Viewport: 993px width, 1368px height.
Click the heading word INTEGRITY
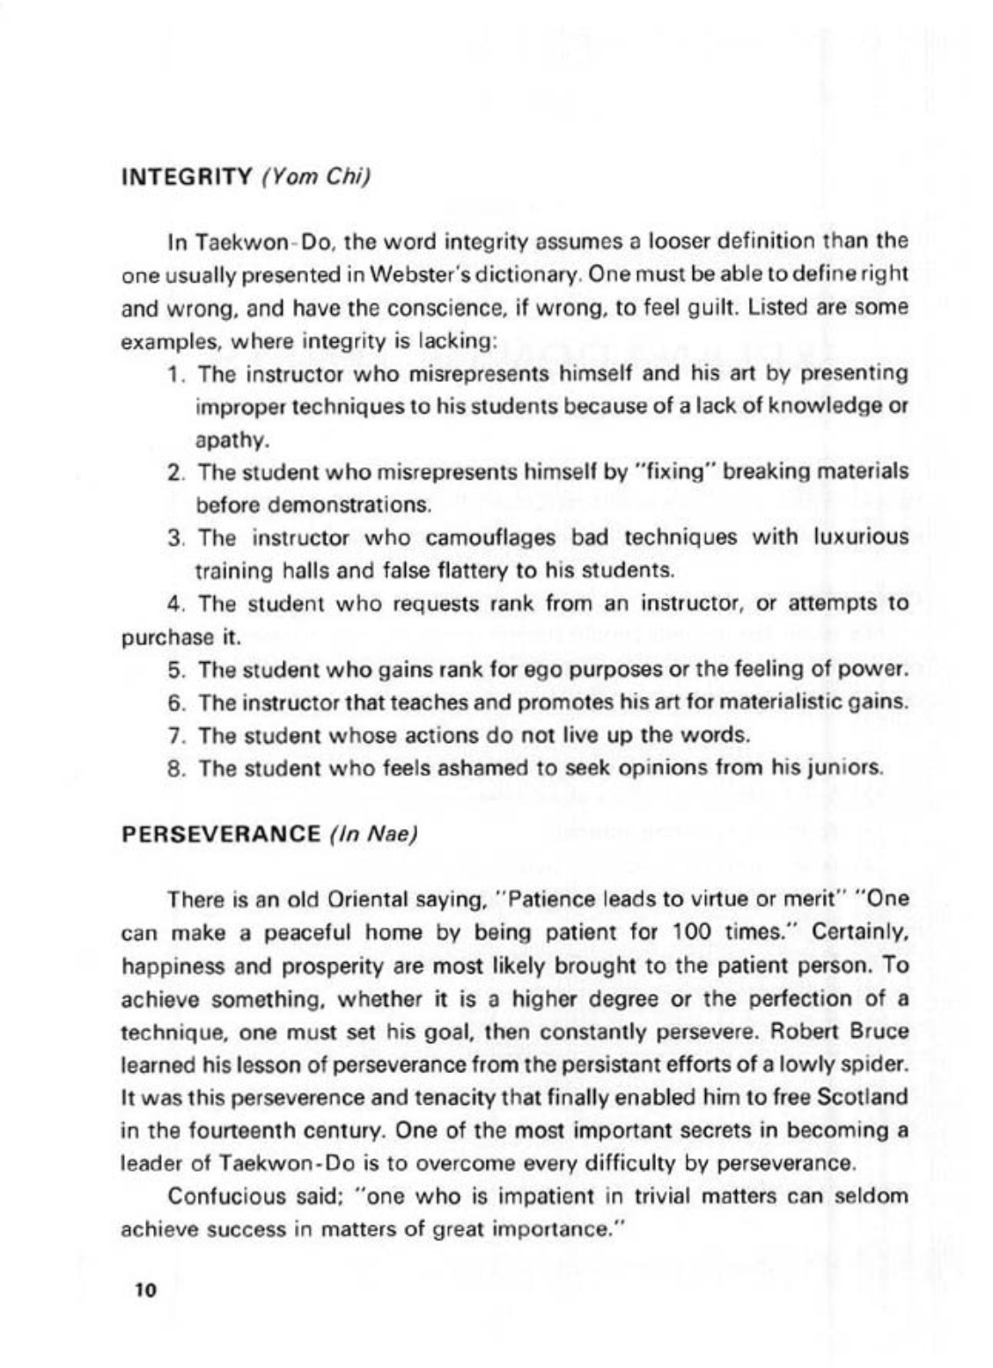(x=186, y=175)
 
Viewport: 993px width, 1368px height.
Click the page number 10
(x=144, y=1291)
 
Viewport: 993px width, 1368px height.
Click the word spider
(x=876, y=1064)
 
